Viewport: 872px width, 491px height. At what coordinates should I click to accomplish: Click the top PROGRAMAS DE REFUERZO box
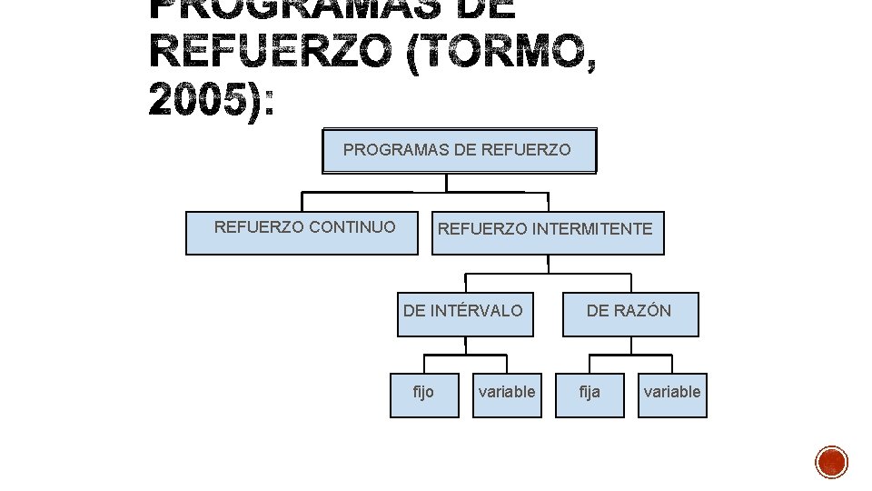[x=459, y=150]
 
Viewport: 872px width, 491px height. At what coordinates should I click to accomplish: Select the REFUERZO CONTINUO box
[x=302, y=233]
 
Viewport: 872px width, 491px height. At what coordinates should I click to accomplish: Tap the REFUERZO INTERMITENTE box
[x=548, y=234]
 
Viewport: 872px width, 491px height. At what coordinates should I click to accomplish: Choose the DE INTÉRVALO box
[x=465, y=315]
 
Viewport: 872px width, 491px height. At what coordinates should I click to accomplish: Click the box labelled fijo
[x=424, y=395]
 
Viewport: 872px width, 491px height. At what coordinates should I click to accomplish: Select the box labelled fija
[x=590, y=395]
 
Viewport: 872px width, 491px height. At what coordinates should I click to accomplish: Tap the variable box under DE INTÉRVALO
[x=507, y=395]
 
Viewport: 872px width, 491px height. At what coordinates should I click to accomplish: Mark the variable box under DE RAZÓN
[x=672, y=395]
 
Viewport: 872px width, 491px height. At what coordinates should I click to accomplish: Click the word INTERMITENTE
[x=592, y=229]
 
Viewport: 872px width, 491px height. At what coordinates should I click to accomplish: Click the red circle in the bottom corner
[x=831, y=462]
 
